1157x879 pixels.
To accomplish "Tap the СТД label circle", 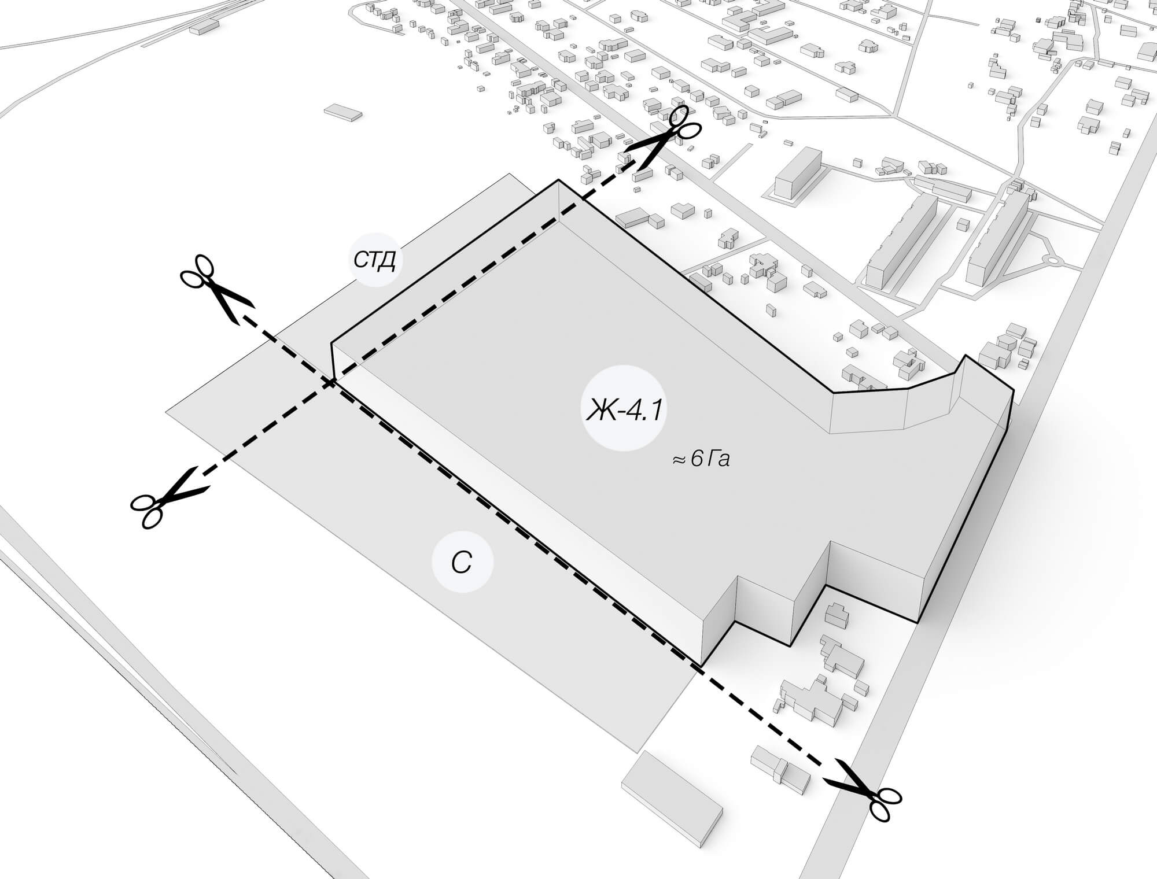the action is point(375,260).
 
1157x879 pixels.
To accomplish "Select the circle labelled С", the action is point(462,563).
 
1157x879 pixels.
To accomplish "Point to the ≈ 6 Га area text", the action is point(701,460).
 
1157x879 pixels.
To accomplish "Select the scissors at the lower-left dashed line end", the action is point(165,498).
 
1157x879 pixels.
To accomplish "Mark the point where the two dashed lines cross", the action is point(331,382).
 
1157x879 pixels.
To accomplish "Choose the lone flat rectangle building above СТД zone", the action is point(343,112).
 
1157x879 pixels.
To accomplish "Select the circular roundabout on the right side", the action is point(1052,261).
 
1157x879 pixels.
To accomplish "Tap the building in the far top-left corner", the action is point(202,26).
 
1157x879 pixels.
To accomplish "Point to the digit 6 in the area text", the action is point(697,460).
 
